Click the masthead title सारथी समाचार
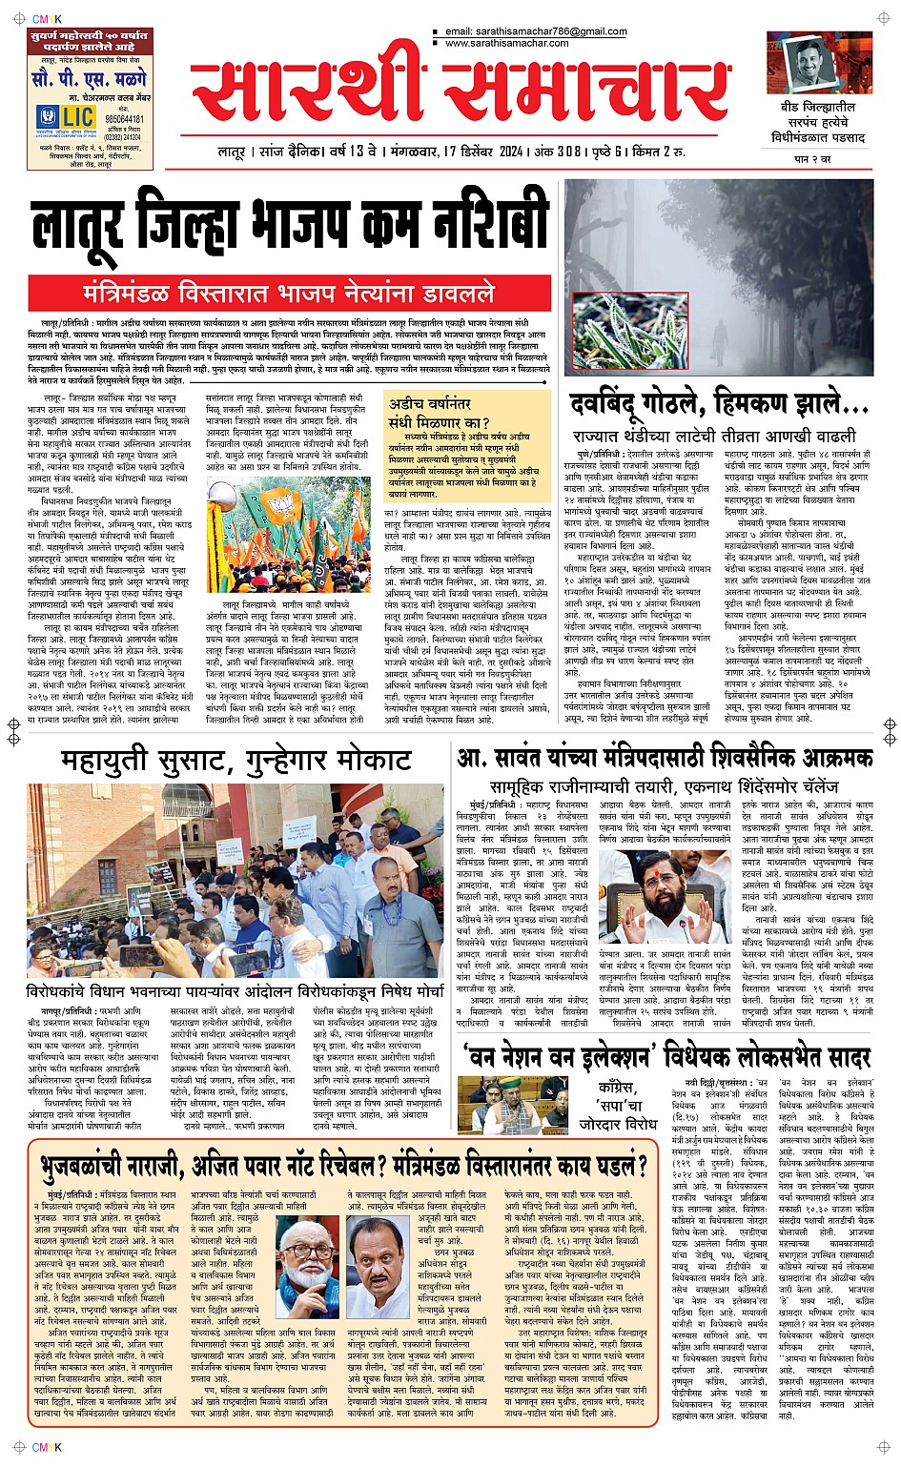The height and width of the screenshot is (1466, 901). (x=460, y=92)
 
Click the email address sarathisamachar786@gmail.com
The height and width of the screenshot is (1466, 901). (x=536, y=31)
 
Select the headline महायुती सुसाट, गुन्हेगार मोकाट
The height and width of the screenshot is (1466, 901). (x=236, y=760)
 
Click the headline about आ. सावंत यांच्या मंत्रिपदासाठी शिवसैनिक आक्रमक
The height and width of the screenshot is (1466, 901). (x=665, y=758)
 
